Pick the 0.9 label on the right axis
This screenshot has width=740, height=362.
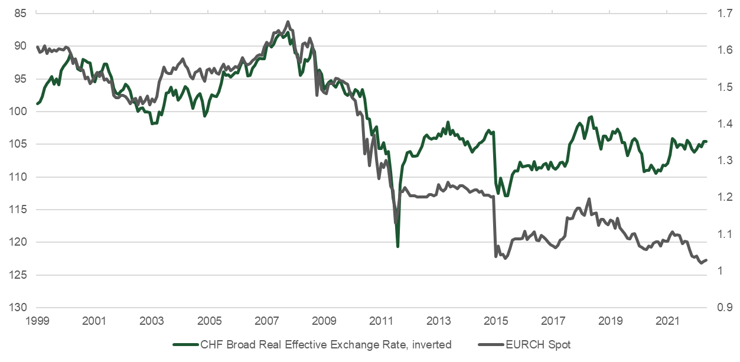click(x=723, y=308)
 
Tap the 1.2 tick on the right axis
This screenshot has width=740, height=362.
click(x=723, y=197)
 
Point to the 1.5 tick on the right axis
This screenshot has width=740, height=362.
click(x=723, y=87)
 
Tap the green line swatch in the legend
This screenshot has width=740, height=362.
click(x=184, y=344)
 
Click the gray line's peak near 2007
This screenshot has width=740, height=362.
click(x=288, y=22)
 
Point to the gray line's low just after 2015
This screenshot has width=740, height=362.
click(x=504, y=259)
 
